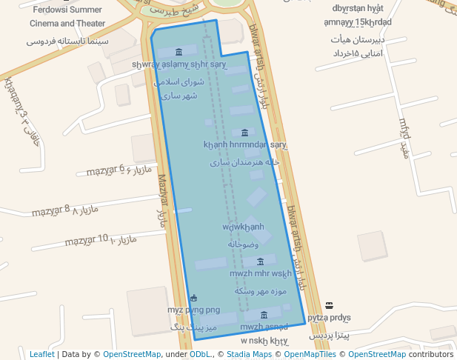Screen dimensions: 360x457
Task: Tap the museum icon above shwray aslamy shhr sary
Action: pyautogui.click(x=179, y=52)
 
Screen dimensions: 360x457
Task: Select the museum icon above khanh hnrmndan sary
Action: pyautogui.click(x=245, y=132)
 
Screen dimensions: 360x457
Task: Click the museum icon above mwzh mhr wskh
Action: pyautogui.click(x=260, y=261)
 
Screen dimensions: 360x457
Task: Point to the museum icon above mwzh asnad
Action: pyautogui.click(x=264, y=315)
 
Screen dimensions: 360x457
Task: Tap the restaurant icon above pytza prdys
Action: pyautogui.click(x=329, y=305)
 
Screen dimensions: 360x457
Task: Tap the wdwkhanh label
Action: pyautogui.click(x=243, y=227)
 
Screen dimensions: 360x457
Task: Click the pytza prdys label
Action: pyautogui.click(x=329, y=318)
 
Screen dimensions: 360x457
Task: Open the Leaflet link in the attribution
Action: pyautogui.click(x=41, y=355)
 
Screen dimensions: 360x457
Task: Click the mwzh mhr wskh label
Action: pyautogui.click(x=260, y=274)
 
